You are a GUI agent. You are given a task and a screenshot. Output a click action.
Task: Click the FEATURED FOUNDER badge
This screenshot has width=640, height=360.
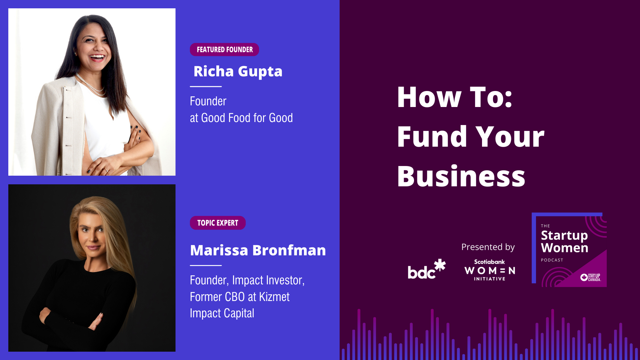[x=224, y=50]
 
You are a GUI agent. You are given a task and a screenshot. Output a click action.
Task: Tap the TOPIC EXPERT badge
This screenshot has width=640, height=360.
[x=218, y=223]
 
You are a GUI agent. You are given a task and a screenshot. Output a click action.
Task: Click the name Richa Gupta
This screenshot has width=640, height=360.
[x=238, y=72]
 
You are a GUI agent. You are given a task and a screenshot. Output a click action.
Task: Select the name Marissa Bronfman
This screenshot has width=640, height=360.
[x=258, y=250]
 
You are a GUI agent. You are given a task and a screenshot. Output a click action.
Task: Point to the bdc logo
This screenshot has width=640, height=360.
[x=427, y=269]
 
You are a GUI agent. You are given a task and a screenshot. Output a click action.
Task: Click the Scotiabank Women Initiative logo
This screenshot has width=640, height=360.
[x=490, y=270]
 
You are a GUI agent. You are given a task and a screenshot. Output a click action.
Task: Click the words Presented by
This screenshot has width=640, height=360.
[x=488, y=247]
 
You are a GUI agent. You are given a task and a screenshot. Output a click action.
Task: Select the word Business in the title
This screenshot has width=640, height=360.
[x=461, y=176]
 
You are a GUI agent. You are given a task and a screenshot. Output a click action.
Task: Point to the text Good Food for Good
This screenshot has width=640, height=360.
[x=247, y=118]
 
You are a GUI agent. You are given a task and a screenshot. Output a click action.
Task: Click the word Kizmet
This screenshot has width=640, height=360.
[x=274, y=297]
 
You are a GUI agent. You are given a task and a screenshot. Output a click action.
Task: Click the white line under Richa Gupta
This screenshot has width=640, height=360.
[x=206, y=87]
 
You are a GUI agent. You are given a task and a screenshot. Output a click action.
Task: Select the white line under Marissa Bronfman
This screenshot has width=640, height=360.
[x=206, y=266]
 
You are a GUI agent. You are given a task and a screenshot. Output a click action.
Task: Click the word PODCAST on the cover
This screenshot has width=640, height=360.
[x=552, y=260]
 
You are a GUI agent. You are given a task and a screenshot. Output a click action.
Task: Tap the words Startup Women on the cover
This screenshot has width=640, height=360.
[x=564, y=242]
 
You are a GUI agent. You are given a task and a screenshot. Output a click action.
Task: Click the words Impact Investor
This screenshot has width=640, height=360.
[x=268, y=280]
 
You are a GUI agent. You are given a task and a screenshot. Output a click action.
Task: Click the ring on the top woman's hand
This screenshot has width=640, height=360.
[x=106, y=170]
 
